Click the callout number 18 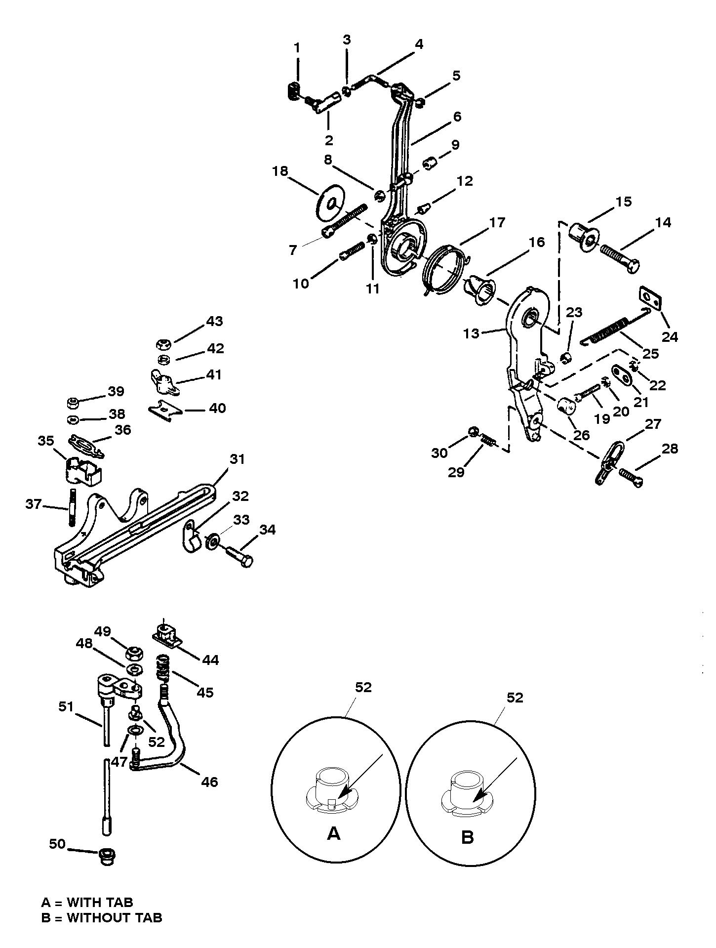point(280,171)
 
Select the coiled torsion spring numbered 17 point(445,272)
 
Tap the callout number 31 point(237,459)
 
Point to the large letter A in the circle point(334,833)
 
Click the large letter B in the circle point(467,837)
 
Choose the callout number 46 point(210,782)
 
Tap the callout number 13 point(471,333)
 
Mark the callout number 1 point(297,47)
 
